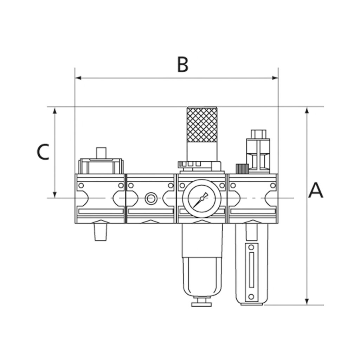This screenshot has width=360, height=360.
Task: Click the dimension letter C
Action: coord(43,152)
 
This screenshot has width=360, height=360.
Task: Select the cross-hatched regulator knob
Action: coord(202,124)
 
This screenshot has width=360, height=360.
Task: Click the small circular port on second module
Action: coord(150,198)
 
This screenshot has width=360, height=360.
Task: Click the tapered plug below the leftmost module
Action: coord(101,233)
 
